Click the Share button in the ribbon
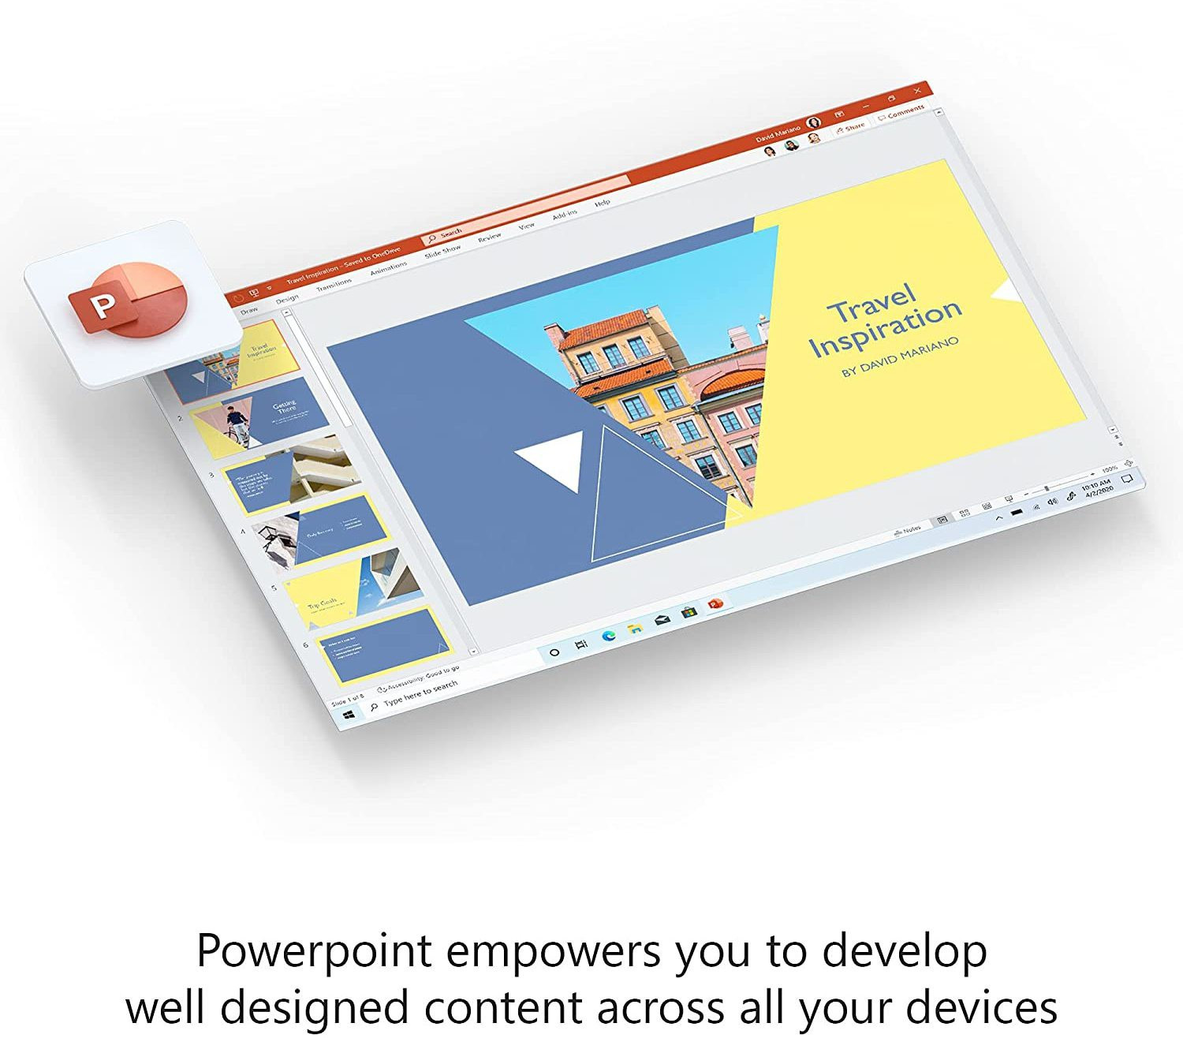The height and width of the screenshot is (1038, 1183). pyautogui.click(x=852, y=126)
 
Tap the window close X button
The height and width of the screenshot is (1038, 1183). pyautogui.click(x=917, y=91)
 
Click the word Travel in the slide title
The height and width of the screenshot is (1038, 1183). pyautogui.click(x=871, y=302)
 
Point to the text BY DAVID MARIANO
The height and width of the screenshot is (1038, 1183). pyautogui.click(x=900, y=356)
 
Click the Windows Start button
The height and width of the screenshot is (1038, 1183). pyautogui.click(x=348, y=714)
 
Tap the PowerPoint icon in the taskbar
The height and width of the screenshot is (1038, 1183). pyautogui.click(x=715, y=604)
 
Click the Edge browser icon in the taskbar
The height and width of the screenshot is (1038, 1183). pyautogui.click(x=608, y=635)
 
